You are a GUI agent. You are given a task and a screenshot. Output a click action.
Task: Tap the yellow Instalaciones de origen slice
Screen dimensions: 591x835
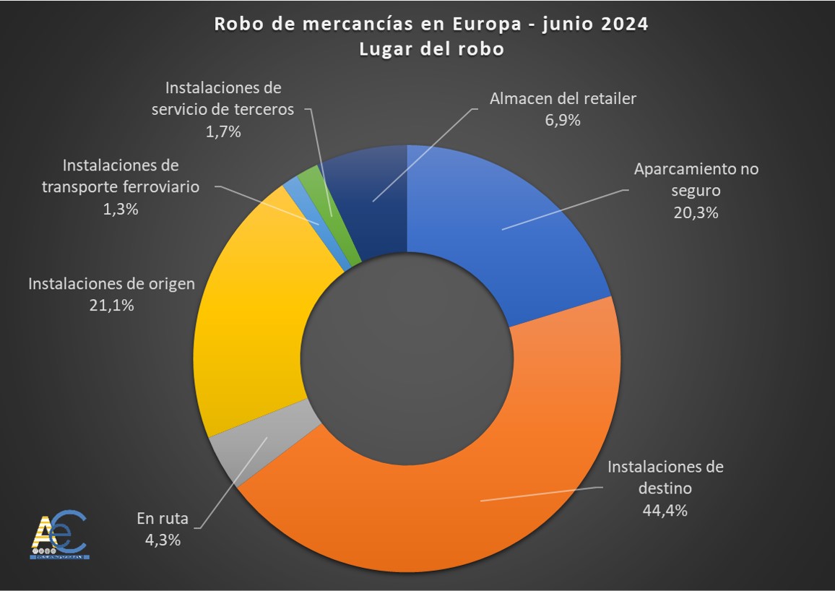click(x=246, y=325)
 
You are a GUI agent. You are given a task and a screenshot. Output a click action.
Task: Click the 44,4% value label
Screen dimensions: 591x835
click(x=665, y=510)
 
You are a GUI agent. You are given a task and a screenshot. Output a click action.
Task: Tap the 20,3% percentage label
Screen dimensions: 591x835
click(x=696, y=212)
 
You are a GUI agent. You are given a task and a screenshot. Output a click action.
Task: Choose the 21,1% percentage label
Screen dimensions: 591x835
click(x=111, y=305)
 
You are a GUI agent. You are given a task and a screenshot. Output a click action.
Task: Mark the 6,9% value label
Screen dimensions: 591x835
click(x=563, y=120)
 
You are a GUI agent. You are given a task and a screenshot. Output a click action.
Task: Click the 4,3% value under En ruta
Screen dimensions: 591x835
click(x=162, y=539)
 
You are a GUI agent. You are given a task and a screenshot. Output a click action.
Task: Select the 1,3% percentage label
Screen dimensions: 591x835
click(x=120, y=209)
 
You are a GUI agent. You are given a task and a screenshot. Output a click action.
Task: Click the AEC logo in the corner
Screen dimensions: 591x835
click(x=60, y=535)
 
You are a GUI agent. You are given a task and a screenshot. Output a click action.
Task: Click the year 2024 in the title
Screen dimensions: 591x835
click(x=623, y=24)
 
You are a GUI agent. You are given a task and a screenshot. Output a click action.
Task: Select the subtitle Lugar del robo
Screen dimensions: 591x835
click(x=431, y=49)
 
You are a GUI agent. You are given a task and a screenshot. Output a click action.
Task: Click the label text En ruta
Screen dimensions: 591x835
click(x=163, y=518)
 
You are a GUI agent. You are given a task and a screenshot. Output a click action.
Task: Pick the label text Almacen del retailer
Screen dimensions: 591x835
click(x=563, y=98)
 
